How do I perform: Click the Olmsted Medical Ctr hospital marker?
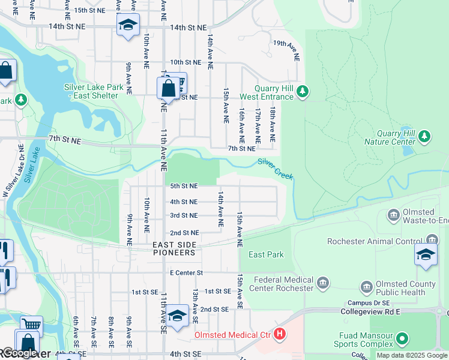coord(279,334)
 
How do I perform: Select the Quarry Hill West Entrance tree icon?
coord(304,91)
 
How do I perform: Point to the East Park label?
coord(266,254)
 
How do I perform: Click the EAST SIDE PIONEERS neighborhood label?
coord(178,248)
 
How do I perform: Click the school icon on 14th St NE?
coord(127,25)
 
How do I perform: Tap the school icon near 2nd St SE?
coord(177,316)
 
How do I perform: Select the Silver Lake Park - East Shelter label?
coord(94,91)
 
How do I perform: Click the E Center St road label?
coord(187,272)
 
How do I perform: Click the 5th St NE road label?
coord(184,187)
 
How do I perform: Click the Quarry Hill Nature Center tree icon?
coord(424,136)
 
